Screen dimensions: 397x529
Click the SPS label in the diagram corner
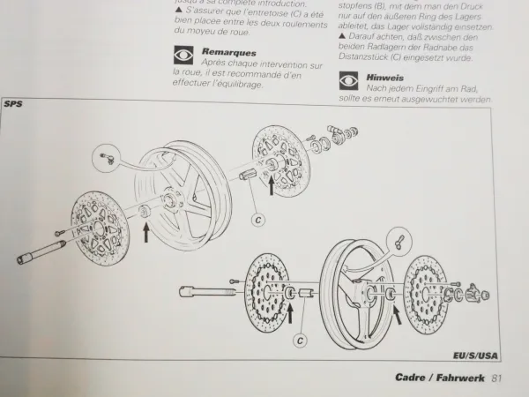click(x=15, y=104)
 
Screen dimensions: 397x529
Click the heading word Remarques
click(x=228, y=52)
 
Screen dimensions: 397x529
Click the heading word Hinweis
click(x=385, y=78)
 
